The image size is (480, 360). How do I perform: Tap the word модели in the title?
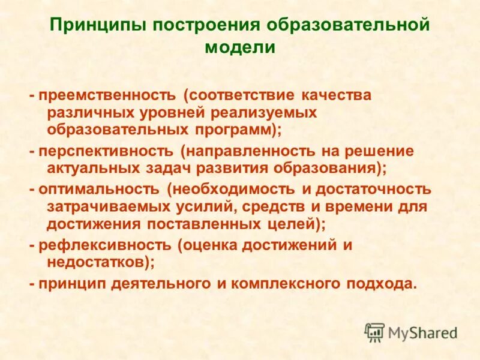(x=239, y=47)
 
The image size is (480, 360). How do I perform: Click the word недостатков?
(x=96, y=263)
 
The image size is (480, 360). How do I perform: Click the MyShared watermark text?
(x=422, y=332)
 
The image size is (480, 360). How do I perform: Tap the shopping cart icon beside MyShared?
(x=374, y=332)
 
